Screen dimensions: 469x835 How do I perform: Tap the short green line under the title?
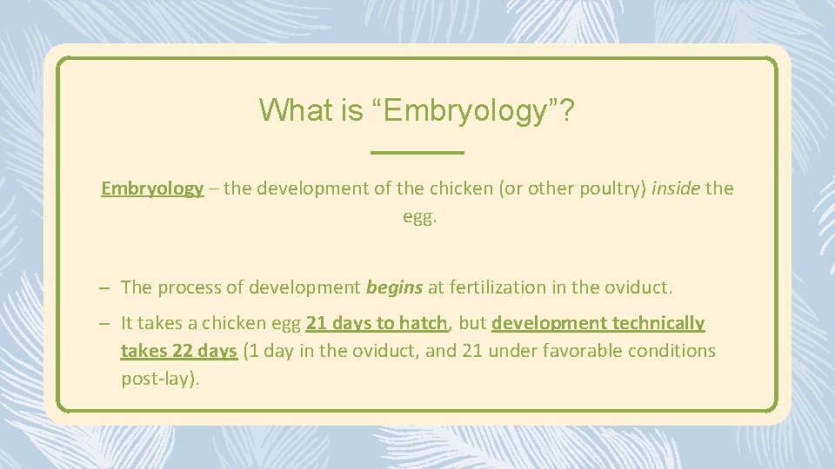point(417,153)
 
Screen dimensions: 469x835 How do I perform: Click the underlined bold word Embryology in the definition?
point(152,188)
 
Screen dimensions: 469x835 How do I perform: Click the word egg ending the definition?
point(417,216)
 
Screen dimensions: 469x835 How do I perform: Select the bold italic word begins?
point(394,287)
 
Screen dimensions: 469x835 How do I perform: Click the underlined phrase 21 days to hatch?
point(377,323)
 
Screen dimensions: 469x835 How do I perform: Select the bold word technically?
point(658,323)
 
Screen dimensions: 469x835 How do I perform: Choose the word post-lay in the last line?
point(155,379)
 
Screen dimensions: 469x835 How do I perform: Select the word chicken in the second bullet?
point(233,323)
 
